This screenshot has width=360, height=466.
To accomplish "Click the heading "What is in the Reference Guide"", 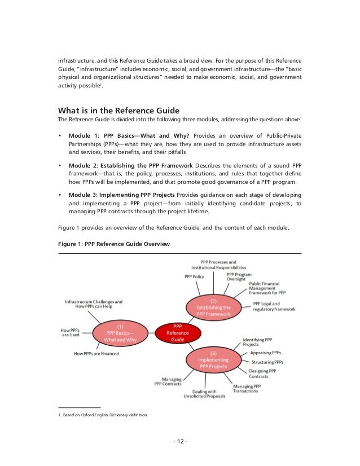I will coord(119,110).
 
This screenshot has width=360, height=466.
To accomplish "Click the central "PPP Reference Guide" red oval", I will coord(177,333).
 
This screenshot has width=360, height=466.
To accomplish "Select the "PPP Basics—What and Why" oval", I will coord(121,333).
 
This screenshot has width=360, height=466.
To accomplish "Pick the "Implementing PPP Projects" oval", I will coord(213,362).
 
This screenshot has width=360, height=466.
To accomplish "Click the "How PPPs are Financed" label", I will coord(100,354).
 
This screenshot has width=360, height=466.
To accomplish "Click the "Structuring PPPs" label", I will coord(267,362).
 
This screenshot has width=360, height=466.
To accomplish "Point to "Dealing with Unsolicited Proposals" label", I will coord(204,393).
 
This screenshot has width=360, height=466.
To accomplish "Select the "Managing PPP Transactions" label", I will coord(247,389).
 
